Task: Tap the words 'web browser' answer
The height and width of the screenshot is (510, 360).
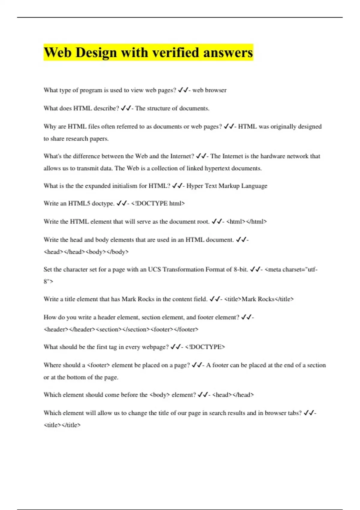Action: (x=209, y=90)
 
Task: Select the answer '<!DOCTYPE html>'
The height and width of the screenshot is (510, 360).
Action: (x=158, y=203)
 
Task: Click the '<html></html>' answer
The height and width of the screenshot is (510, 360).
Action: (x=246, y=222)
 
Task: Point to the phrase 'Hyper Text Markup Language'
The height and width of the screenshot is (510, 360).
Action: (x=227, y=186)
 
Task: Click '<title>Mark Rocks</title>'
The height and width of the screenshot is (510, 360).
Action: (x=259, y=299)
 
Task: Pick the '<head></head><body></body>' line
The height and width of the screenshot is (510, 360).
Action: (x=86, y=252)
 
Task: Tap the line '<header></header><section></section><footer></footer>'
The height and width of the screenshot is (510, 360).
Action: (x=121, y=329)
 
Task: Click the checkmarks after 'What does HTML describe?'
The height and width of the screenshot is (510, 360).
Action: (x=126, y=108)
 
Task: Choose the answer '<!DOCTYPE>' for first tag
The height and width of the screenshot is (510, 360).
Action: (x=205, y=347)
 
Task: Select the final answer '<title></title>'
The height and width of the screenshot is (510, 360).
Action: (x=62, y=425)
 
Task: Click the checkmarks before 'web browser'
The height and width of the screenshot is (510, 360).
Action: (x=183, y=90)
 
